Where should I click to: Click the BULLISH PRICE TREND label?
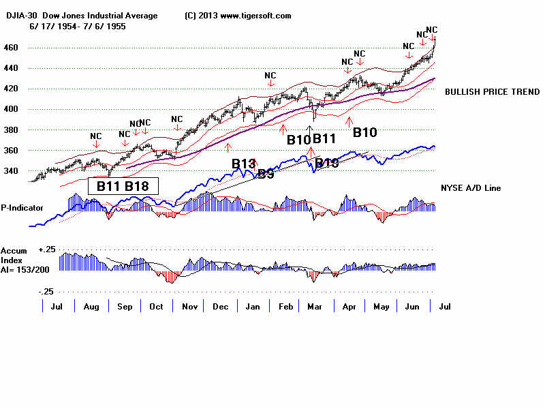click(x=492, y=92)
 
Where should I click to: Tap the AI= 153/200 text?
click(x=28, y=268)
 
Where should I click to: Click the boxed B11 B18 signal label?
click(x=123, y=185)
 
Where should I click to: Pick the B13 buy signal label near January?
click(x=243, y=164)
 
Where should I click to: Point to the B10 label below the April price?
click(x=364, y=132)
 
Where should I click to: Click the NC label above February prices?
click(x=270, y=76)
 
